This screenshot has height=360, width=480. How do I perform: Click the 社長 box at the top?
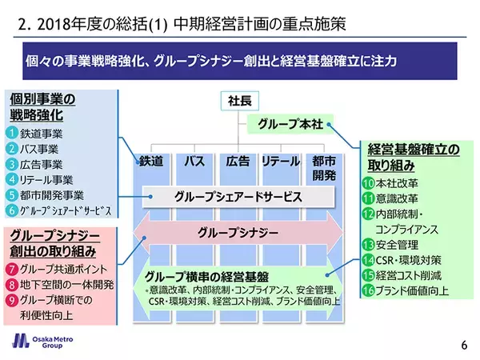tap(238, 102)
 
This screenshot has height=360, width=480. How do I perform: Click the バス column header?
tap(194, 160)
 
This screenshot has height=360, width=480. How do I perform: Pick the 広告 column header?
tap(238, 160)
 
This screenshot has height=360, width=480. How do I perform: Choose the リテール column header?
tap(281, 160)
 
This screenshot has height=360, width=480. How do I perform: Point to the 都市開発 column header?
tap(324, 166)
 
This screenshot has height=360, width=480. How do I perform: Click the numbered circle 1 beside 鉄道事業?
tap(12, 134)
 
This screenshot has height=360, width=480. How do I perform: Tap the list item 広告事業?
tap(46, 164)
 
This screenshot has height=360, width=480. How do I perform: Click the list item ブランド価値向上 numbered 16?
tap(413, 290)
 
